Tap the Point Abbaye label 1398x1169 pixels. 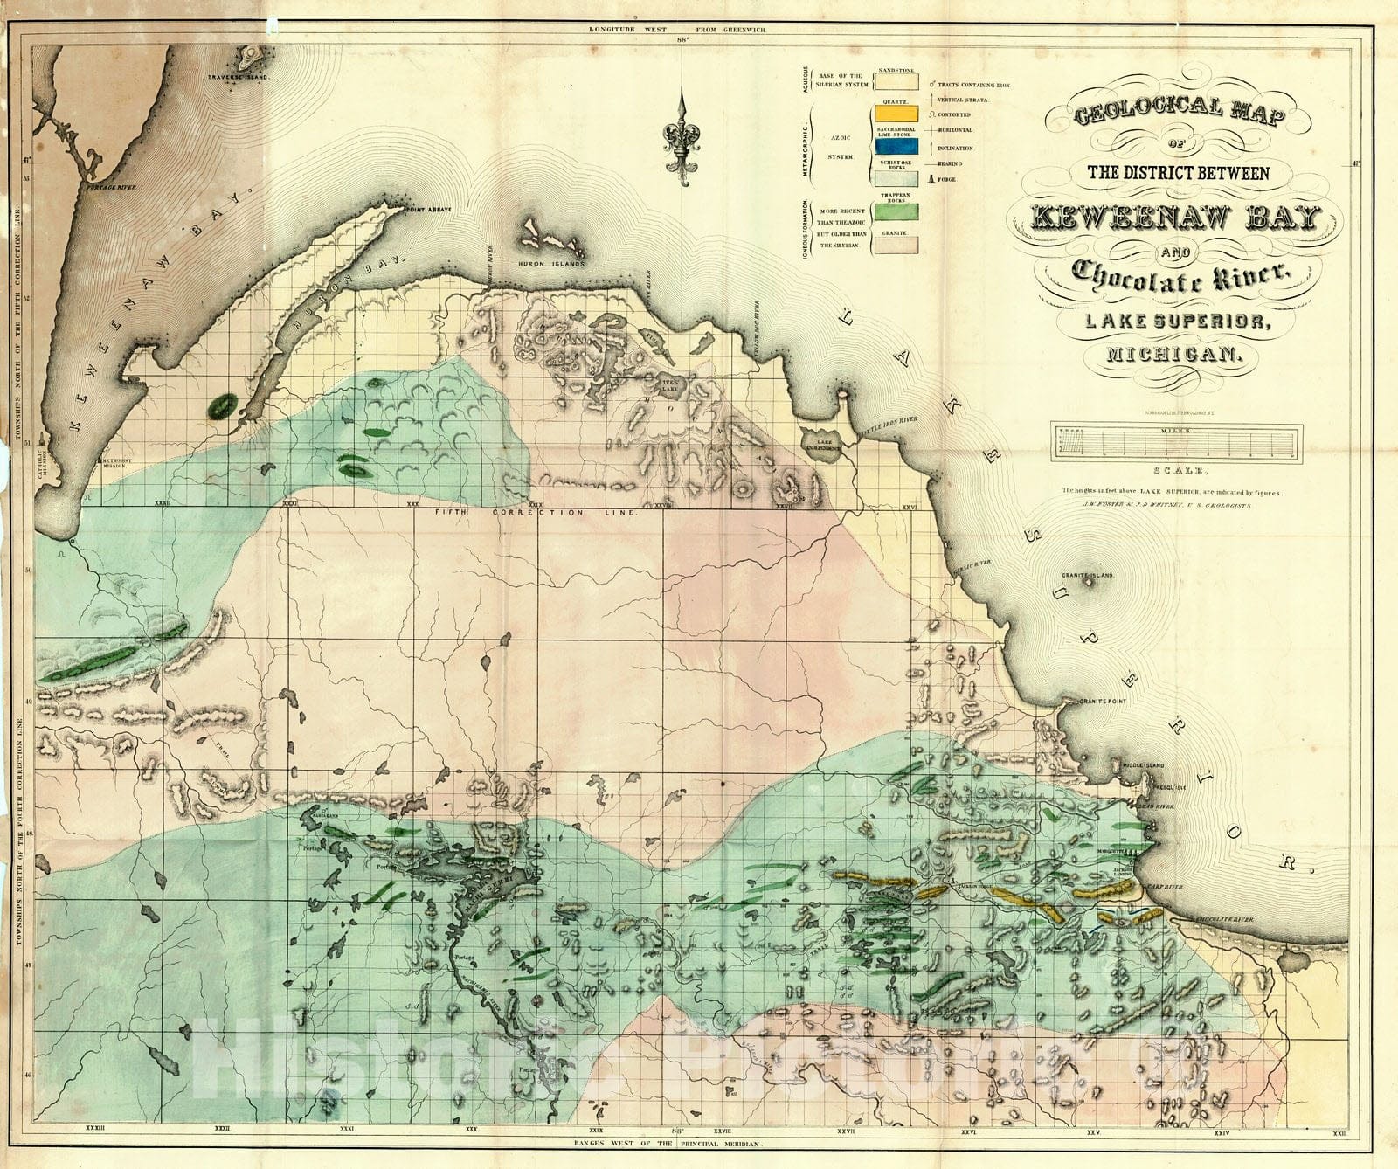[427, 209]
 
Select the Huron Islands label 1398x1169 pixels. [557, 262]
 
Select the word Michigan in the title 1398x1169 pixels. [1173, 354]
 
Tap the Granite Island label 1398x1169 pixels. [1088, 577]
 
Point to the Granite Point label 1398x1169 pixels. [1102, 702]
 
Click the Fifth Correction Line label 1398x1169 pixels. [536, 513]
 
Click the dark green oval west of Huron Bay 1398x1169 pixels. [222, 405]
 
